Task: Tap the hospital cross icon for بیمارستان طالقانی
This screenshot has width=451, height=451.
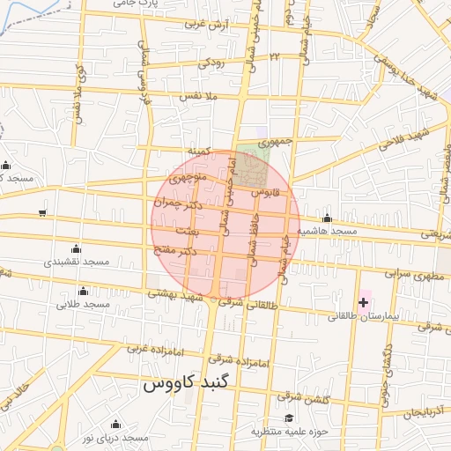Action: (x=363, y=302)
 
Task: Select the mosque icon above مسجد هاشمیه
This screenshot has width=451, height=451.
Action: (x=327, y=218)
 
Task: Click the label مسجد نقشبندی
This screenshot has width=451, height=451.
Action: (x=77, y=262)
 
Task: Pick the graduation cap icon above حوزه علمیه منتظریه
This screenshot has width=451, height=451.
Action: (x=289, y=418)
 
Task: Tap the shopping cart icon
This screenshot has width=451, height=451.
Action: (x=42, y=213)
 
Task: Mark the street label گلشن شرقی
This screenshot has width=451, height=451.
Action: (x=305, y=397)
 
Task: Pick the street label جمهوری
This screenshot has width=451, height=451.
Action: (x=274, y=140)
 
